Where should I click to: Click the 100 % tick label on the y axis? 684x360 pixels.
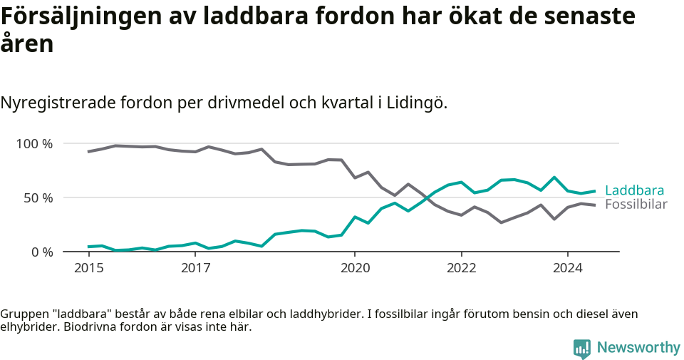pos(34,144)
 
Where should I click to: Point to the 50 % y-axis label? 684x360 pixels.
pos(38,197)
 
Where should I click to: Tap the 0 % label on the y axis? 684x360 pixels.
pos(41,252)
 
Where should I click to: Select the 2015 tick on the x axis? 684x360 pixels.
pos(88,268)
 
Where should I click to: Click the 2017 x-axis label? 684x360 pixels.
pos(195,268)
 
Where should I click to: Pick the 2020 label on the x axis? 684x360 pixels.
pos(355,268)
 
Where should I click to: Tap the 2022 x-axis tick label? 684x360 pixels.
pos(461,268)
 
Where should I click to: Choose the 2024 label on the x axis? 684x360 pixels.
pos(568,268)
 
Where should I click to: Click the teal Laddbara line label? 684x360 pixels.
pos(634,190)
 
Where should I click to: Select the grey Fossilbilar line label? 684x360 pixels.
pos(636,205)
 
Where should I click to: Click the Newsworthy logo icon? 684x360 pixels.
pos(582,348)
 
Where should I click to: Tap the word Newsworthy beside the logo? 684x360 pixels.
pos(638,348)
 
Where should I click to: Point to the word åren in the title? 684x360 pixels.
pos(27,44)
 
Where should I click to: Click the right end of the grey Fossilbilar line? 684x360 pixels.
pos(594,205)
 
